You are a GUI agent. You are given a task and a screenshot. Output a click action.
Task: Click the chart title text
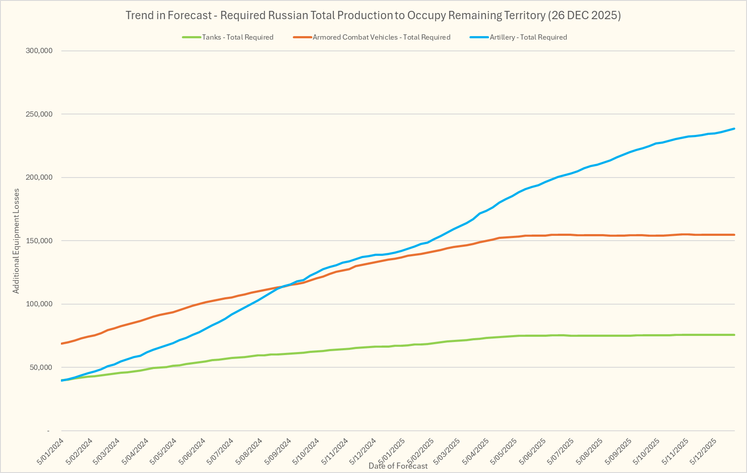click(x=373, y=15)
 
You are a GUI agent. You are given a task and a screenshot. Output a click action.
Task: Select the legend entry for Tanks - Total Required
click(x=238, y=37)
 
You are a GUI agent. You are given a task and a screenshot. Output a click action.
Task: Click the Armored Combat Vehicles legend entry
click(x=381, y=37)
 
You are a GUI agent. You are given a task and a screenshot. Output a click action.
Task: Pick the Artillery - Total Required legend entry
click(x=528, y=37)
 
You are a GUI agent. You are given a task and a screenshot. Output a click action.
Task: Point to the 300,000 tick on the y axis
click(x=40, y=51)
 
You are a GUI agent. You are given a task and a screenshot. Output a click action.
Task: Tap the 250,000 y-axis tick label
click(x=40, y=114)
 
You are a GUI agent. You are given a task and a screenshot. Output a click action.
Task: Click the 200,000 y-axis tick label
click(x=40, y=178)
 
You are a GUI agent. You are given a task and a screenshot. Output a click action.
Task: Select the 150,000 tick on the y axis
click(x=40, y=241)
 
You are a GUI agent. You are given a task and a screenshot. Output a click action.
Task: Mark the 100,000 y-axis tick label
click(x=40, y=304)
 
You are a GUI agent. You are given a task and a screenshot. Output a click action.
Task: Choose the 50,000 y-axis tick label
click(x=41, y=368)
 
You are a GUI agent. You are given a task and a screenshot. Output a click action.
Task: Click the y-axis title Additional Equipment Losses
click(x=16, y=241)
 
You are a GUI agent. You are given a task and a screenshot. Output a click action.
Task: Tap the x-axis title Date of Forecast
click(x=398, y=466)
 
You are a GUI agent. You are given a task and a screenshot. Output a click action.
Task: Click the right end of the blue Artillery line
click(x=734, y=129)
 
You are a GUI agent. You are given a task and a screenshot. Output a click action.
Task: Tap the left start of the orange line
click(x=62, y=344)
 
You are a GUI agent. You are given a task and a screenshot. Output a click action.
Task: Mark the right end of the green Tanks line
click(x=734, y=335)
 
